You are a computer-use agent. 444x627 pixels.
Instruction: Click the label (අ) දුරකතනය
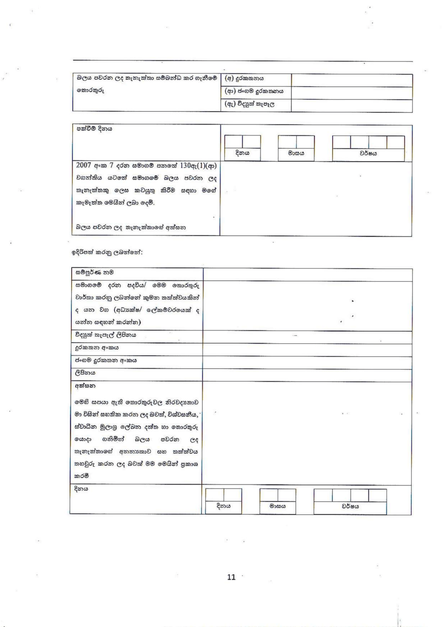coord(244,79)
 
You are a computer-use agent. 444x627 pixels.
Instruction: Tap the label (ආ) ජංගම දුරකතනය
coord(254,91)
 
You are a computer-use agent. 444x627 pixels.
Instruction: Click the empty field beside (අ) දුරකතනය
coord(352,80)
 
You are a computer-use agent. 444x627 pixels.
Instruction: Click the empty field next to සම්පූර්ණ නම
coord(307,275)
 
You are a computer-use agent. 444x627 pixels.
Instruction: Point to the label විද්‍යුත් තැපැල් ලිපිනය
coord(105,335)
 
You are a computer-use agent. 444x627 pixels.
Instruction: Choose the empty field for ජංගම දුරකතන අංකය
coord(307,363)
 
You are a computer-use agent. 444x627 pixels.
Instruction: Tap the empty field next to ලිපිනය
coord(307,375)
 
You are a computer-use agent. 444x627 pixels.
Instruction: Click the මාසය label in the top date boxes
coord(296,154)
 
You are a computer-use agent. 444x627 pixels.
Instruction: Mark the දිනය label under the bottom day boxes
coord(223,506)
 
